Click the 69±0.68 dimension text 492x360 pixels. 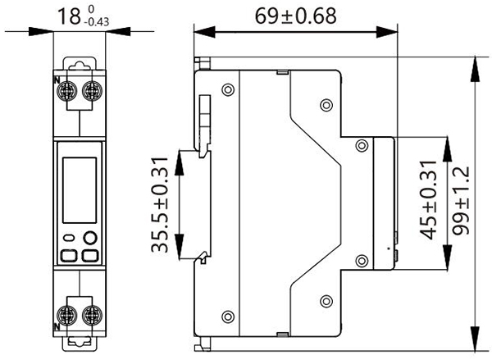click(x=293, y=15)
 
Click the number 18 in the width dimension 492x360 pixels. click(x=68, y=15)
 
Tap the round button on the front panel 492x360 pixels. click(x=89, y=239)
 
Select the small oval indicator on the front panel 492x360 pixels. click(x=69, y=239)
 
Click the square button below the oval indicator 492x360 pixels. click(x=69, y=255)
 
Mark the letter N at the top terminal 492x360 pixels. click(x=56, y=80)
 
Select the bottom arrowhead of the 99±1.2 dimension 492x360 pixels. click(x=476, y=342)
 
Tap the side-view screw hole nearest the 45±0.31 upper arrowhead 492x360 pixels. click(x=362, y=145)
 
